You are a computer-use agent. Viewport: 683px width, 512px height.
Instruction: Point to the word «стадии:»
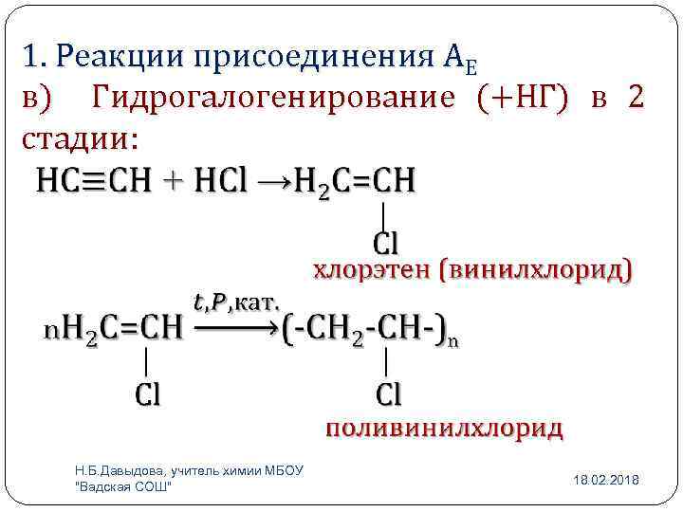[x=81, y=139]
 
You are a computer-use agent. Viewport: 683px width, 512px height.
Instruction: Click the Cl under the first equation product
[x=385, y=244]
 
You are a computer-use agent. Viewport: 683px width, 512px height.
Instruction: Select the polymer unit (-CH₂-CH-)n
[x=371, y=330]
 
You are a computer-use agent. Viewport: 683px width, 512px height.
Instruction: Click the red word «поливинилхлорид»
[x=444, y=428]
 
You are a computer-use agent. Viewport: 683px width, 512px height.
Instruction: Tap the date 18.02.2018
[x=606, y=481]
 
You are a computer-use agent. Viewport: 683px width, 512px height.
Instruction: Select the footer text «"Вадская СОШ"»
[x=122, y=486]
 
